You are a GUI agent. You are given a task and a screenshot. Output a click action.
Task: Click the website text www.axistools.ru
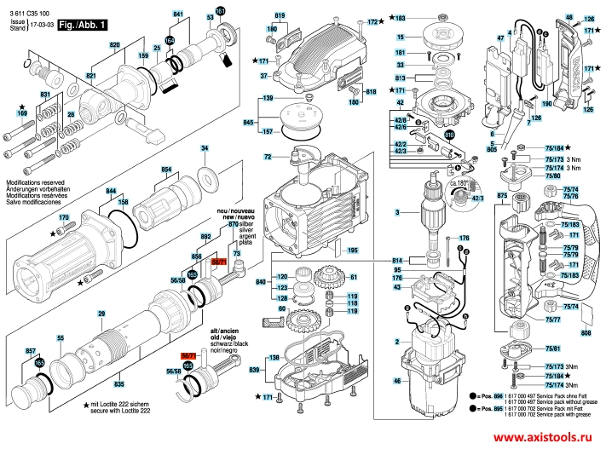click(541, 436)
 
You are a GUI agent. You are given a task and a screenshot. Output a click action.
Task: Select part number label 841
click(177, 16)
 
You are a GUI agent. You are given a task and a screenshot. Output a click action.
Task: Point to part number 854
click(167, 170)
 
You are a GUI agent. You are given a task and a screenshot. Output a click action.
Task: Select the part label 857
click(31, 351)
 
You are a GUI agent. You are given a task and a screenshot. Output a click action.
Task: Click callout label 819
click(280, 16)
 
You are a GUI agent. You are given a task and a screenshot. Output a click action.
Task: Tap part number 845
click(249, 124)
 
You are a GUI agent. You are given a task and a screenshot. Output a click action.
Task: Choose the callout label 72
click(268, 158)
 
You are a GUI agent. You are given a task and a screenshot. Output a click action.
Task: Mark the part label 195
click(353, 250)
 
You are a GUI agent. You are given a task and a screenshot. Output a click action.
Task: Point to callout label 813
click(400, 78)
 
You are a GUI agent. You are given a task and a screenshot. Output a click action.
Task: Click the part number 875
click(502, 197)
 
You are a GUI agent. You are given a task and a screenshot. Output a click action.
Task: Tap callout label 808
click(586, 333)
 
